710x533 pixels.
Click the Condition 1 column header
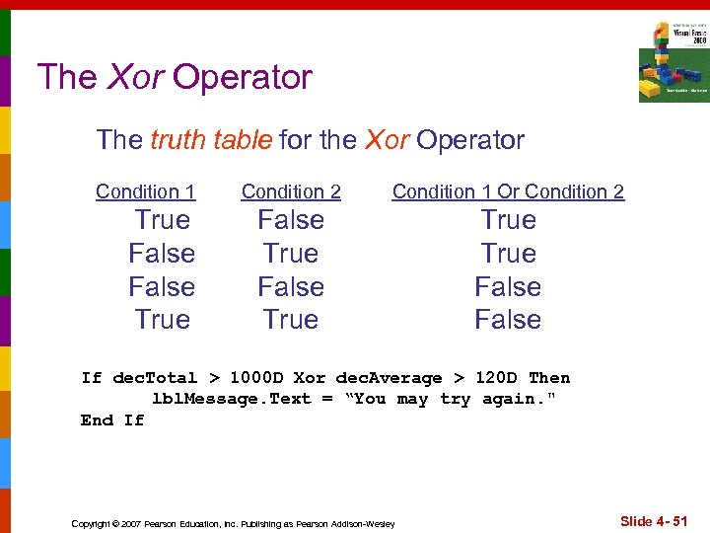click(x=145, y=191)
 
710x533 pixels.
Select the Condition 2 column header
click(x=291, y=191)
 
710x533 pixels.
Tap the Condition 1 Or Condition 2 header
click(x=508, y=191)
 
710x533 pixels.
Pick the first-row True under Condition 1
click(x=162, y=220)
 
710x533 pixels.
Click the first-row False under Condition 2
click(x=291, y=220)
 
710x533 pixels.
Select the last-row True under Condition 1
click(x=162, y=320)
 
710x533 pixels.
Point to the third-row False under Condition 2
click(x=291, y=287)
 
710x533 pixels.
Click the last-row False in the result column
click(x=508, y=320)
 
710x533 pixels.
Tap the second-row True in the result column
click(x=508, y=254)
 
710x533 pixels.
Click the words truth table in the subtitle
click(x=211, y=140)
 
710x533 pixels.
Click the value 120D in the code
click(x=496, y=378)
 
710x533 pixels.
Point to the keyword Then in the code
click(x=549, y=378)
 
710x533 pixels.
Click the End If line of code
click(x=112, y=420)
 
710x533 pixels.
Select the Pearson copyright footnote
click(x=233, y=523)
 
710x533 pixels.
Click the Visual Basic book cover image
click(x=673, y=62)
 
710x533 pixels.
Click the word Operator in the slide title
click(x=243, y=77)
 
